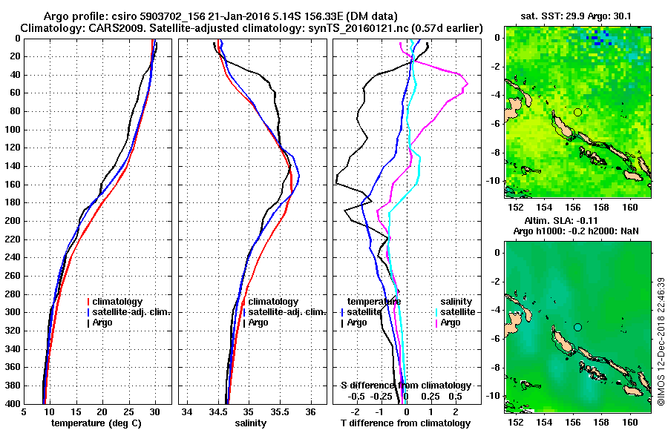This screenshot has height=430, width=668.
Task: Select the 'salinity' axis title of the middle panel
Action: [x=252, y=423]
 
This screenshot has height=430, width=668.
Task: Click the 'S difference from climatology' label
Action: [x=405, y=386]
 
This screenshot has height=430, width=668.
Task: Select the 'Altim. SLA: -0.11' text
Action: [x=551, y=221]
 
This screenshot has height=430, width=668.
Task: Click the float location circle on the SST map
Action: [x=577, y=112]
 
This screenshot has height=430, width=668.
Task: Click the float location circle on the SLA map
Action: [x=577, y=327]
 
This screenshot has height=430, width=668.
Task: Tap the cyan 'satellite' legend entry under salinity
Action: [x=456, y=312]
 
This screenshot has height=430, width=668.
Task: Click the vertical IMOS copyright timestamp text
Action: [x=661, y=342]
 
